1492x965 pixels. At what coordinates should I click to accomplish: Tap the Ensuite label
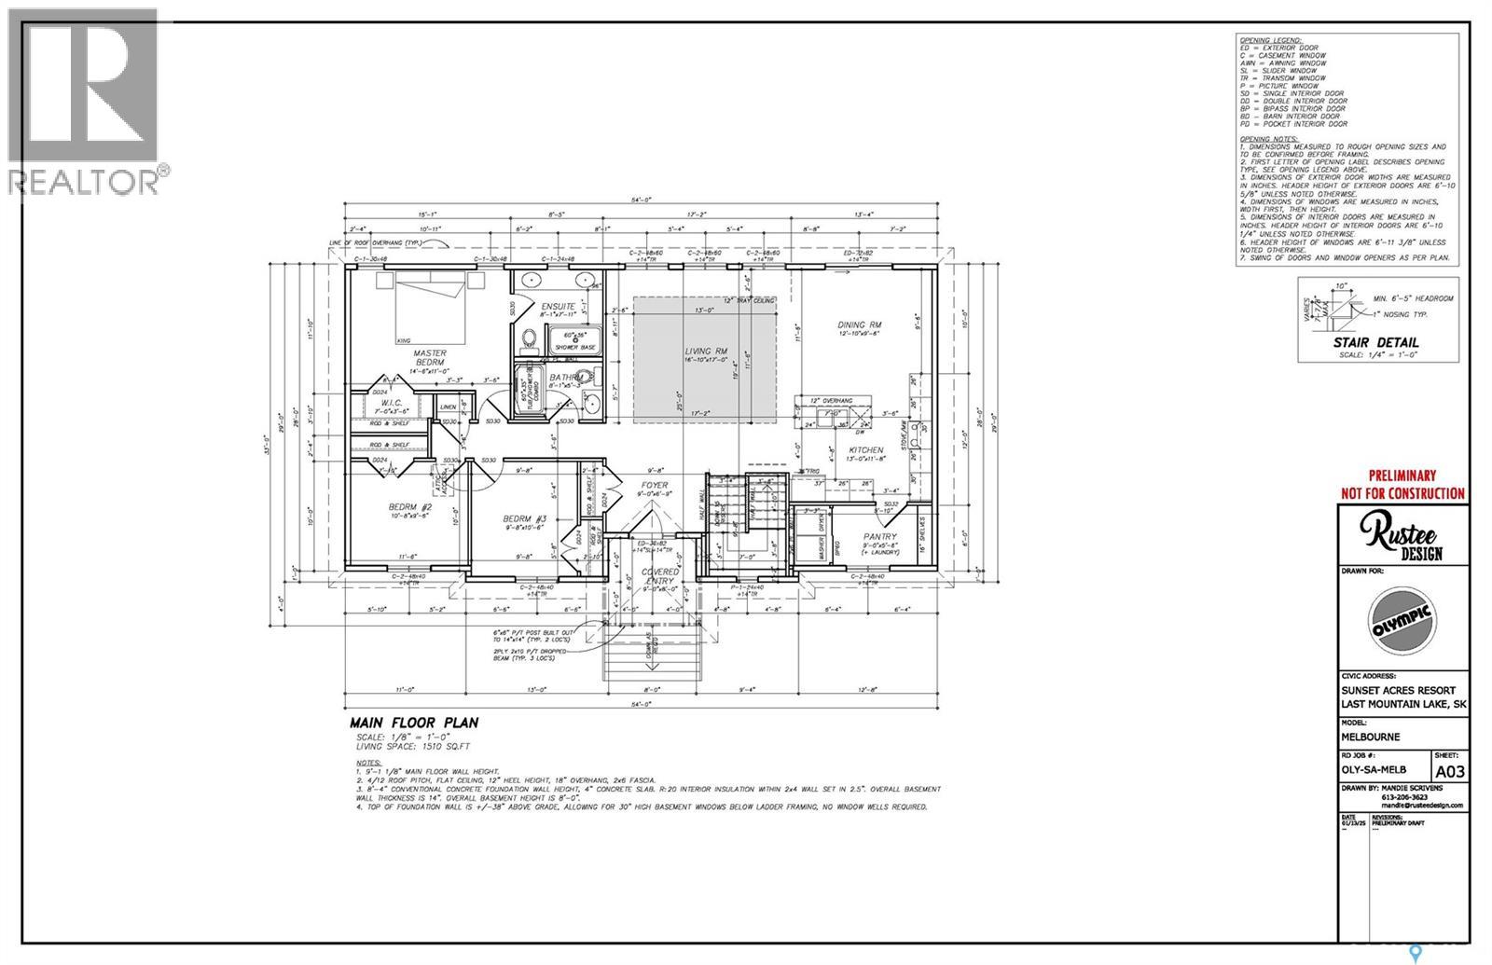point(557,306)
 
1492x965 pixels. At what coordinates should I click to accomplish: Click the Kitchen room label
point(865,450)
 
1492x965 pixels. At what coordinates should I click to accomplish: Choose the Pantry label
point(879,536)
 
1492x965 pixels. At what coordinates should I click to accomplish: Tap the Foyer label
point(654,485)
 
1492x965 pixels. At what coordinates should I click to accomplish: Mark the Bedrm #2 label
point(408,507)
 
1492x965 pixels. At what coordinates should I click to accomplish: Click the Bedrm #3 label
point(523,518)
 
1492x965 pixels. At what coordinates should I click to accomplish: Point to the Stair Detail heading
point(1375,343)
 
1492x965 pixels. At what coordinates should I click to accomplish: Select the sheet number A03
point(1449,771)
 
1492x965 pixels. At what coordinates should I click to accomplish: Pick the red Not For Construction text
point(1402,493)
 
